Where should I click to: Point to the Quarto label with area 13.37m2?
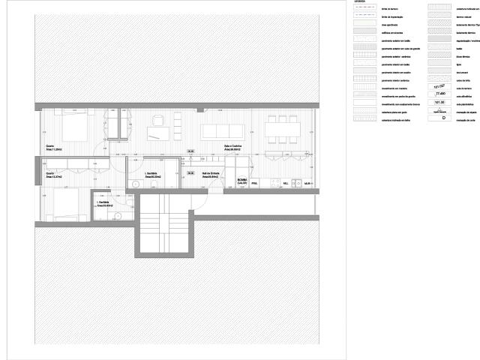pyautogui.click(x=54, y=176)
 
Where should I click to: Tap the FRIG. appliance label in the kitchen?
pyautogui.click(x=254, y=183)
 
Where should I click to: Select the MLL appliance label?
pyautogui.click(x=285, y=183)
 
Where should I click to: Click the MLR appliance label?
pyautogui.click(x=307, y=183)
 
